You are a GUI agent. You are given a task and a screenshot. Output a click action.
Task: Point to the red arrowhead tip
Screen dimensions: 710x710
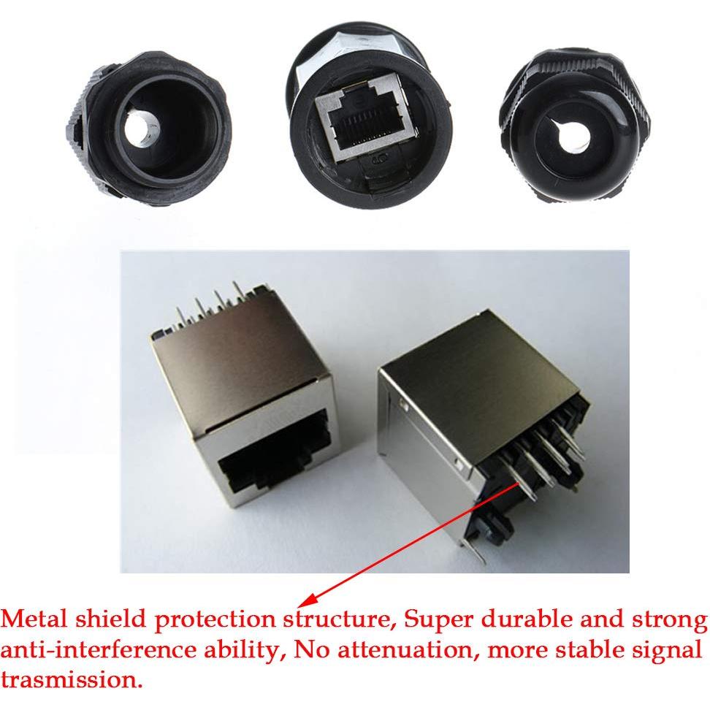tap(305, 604)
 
